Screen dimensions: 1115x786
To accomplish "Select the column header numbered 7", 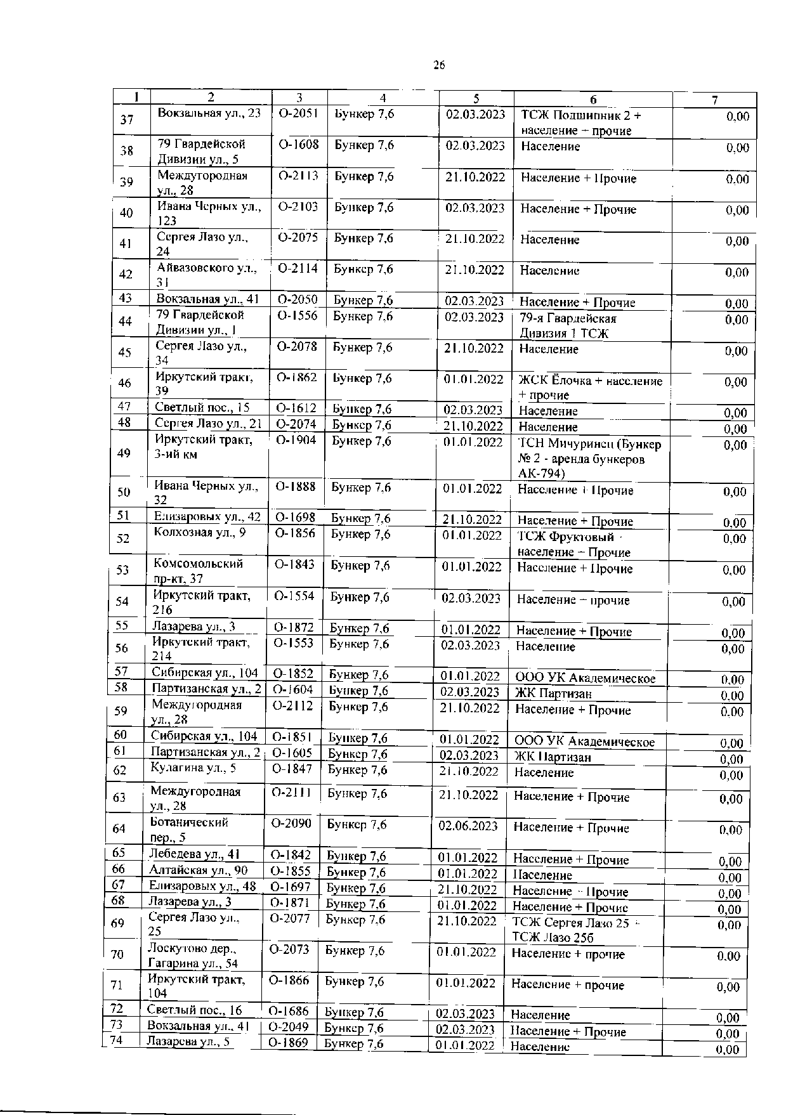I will pos(714,100).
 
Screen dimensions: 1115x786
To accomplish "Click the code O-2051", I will pos(298,114).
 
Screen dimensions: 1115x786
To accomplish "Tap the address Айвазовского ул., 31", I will pos(206,275).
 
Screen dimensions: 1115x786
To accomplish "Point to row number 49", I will pos(124,453).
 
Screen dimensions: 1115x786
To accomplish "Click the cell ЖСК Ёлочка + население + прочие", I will pos(590,388).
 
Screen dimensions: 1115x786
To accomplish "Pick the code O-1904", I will pos(296,441).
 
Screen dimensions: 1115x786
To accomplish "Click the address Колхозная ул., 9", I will pos(199,532).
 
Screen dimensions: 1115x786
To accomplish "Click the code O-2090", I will pos(291,824).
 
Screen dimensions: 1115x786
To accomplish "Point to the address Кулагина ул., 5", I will pos(193,768).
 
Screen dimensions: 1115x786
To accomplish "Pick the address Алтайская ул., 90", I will pos(198,870).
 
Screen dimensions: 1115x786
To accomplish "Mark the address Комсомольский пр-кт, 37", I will pos(198,570).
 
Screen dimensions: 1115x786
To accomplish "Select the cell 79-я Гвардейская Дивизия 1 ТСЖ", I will pos(567,326).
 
